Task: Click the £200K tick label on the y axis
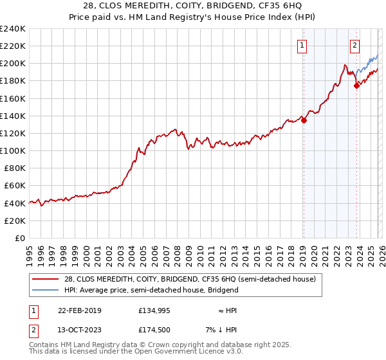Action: pyautogui.click(x=13, y=64)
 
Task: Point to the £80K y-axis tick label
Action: pyautogui.click(x=15, y=168)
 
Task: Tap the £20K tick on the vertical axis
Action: pyautogui.click(x=15, y=221)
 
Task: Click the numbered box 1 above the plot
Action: pyautogui.click(x=302, y=46)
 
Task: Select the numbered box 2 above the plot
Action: pyautogui.click(x=354, y=46)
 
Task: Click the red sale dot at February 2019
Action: pyautogui.click(x=304, y=120)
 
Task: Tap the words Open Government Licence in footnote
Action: pyautogui.click(x=179, y=352)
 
